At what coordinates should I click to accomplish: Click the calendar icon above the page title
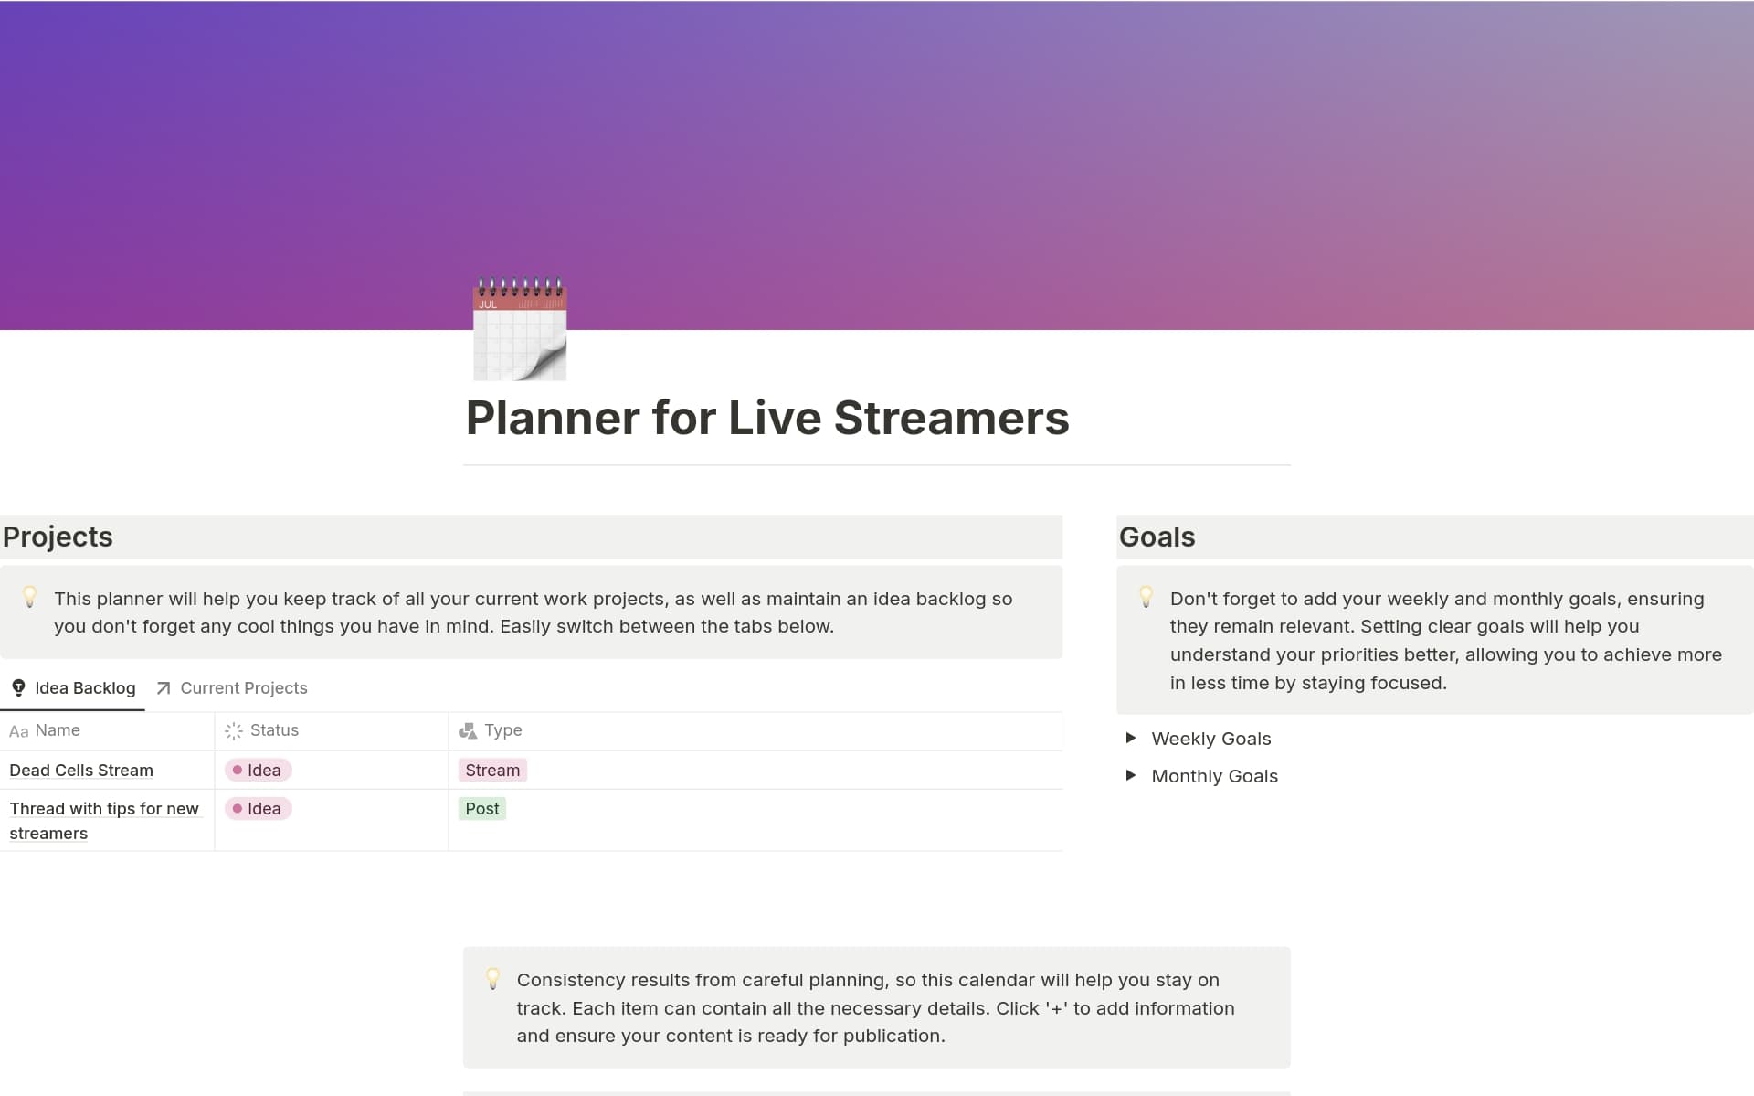520,329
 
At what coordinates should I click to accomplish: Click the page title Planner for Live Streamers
767,419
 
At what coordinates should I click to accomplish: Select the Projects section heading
58,537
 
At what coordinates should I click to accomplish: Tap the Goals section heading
1157,537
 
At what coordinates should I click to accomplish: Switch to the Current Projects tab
232,688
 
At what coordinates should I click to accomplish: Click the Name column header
45,730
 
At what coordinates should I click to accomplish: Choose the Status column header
262,730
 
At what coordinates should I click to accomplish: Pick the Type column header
491,730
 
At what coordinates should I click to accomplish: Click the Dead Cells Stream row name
81,771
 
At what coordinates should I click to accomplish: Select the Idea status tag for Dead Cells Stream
258,771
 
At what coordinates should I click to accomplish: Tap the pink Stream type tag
492,771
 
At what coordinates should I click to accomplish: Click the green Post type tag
482,809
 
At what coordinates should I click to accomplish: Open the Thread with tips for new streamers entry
104,821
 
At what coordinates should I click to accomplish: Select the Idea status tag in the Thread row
258,809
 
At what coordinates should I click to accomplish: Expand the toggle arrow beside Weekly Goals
1131,738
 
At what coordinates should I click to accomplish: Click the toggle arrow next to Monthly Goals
1131,775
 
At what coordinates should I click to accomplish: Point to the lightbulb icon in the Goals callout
1146,598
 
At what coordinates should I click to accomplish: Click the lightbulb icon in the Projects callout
29,598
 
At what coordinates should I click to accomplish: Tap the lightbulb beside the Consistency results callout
492,979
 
